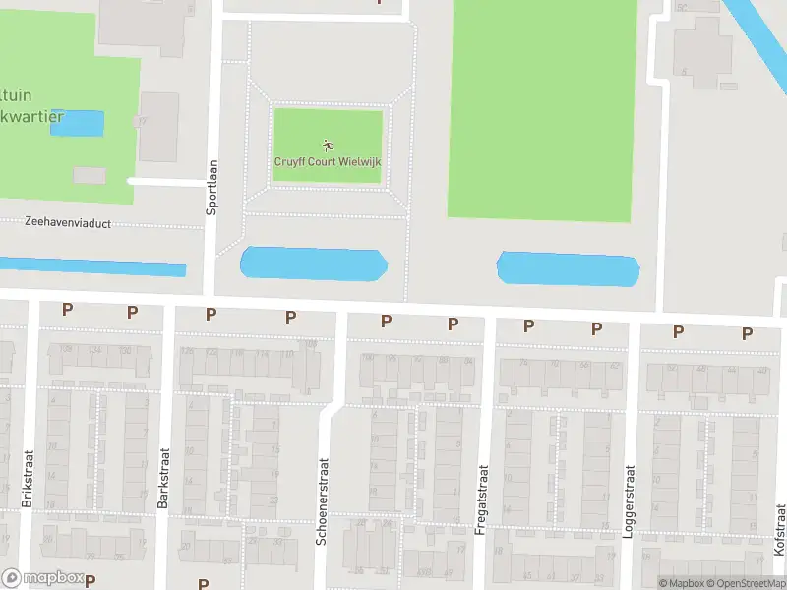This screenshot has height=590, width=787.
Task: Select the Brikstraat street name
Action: (x=28, y=480)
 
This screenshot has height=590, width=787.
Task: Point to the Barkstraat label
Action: (x=164, y=479)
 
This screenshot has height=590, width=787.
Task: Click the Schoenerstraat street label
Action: (x=321, y=499)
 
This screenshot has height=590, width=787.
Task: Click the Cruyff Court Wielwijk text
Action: (x=327, y=161)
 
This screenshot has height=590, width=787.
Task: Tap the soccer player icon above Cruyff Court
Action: (x=326, y=146)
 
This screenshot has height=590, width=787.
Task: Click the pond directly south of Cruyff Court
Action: (x=314, y=264)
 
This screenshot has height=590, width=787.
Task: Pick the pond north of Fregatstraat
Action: (x=569, y=269)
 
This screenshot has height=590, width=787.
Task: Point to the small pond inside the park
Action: (x=77, y=123)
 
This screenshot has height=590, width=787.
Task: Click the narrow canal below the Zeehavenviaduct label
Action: (x=93, y=265)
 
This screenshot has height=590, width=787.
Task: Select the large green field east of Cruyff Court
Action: (x=541, y=108)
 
